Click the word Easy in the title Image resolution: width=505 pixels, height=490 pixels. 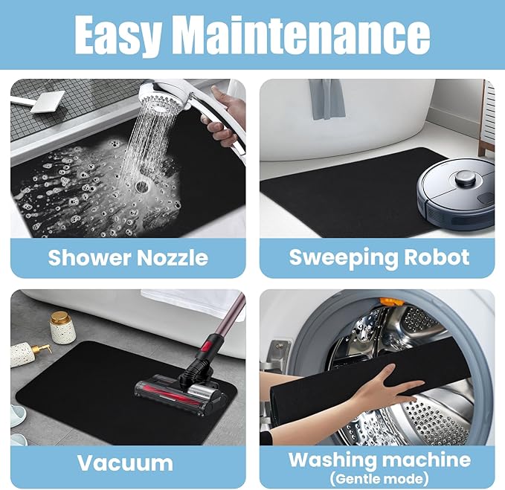tap(118, 35)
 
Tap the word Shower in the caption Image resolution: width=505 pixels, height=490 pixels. tap(89, 257)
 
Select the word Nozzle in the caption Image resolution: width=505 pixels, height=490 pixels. tap(173, 257)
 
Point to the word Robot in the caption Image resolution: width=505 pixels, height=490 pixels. tap(437, 257)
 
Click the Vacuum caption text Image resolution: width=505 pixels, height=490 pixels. tap(125, 463)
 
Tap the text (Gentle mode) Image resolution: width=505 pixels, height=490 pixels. tap(379, 478)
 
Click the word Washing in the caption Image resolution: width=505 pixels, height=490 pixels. tap(332, 460)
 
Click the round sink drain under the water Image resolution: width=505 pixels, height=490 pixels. tap(141, 187)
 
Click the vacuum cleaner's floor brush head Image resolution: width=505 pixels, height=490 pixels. tap(181, 392)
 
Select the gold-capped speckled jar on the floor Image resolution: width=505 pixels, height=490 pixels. tap(62, 327)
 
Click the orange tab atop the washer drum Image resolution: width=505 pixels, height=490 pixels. tap(391, 302)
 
